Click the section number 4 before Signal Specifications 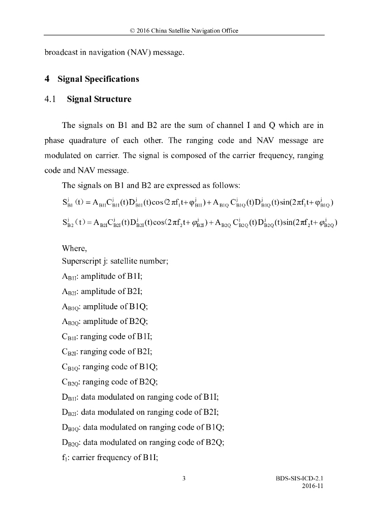47,79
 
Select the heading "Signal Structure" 99,99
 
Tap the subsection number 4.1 51,99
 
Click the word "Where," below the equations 75,248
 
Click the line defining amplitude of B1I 102,277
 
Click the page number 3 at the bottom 184,478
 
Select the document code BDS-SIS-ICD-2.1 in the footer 299,478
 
